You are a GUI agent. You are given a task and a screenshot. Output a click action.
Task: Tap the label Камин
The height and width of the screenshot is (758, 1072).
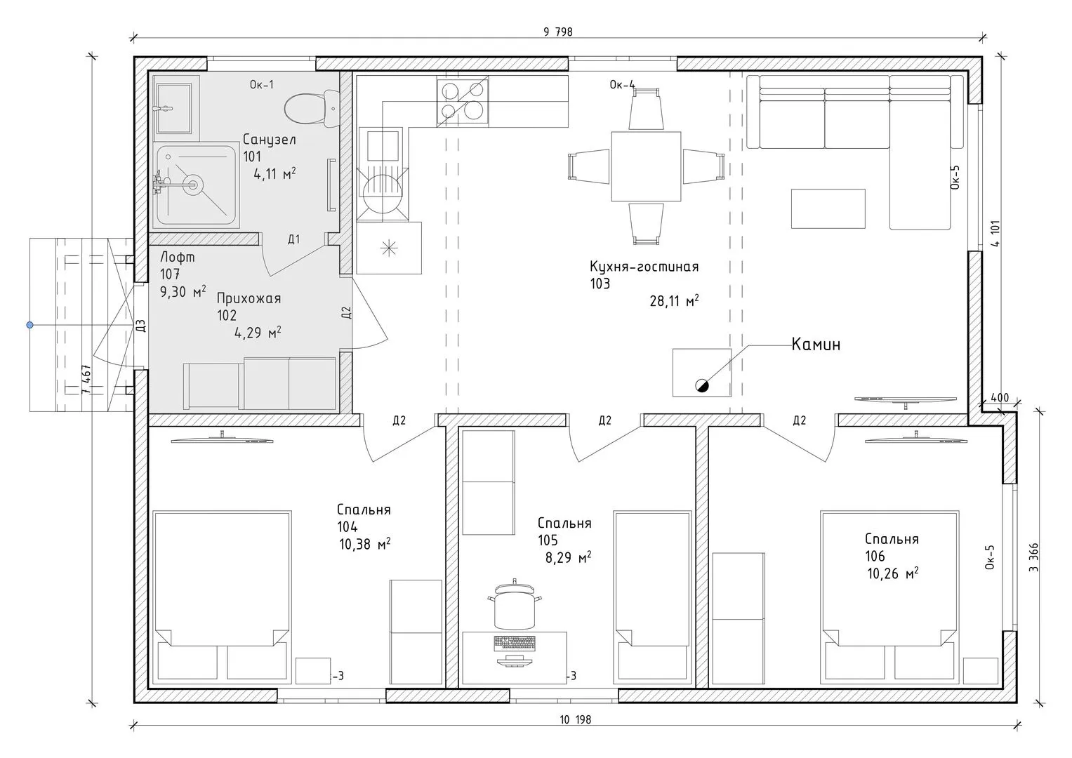click(x=816, y=345)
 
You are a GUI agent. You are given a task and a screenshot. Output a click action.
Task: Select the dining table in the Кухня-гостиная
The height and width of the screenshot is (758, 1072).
click(x=646, y=166)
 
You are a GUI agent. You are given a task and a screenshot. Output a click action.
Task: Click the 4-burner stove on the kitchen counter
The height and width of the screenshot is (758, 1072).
click(x=463, y=103)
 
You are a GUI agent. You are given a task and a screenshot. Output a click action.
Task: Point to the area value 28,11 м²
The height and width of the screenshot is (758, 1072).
click(x=674, y=300)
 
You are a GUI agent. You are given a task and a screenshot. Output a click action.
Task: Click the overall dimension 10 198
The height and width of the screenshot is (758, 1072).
click(x=575, y=719)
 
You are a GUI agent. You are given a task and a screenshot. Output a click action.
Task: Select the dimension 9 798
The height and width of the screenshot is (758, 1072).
click(x=558, y=32)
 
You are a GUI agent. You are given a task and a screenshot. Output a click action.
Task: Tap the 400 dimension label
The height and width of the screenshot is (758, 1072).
click(x=1000, y=397)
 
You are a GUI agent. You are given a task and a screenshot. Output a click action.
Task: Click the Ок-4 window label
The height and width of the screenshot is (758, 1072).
click(x=622, y=85)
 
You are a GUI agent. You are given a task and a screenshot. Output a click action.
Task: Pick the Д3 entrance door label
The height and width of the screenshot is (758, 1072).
click(x=140, y=326)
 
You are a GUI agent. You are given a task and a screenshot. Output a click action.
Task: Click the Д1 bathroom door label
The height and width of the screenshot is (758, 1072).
click(x=294, y=239)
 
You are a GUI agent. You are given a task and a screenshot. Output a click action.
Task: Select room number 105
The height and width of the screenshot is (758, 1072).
click(x=548, y=540)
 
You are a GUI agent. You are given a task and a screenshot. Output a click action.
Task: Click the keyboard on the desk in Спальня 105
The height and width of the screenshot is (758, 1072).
click(x=515, y=643)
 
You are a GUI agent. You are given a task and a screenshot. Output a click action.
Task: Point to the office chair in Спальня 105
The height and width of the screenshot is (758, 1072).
click(x=515, y=604)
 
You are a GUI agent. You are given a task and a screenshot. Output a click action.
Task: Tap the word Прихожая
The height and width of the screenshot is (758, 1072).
click(x=249, y=298)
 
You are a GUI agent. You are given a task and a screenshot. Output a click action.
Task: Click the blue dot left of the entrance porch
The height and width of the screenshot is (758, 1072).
click(x=29, y=325)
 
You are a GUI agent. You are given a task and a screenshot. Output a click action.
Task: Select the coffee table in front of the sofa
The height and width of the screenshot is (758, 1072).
click(x=828, y=208)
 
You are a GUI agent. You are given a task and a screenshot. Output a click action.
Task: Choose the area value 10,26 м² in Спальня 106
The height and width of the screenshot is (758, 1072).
click(x=892, y=573)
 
